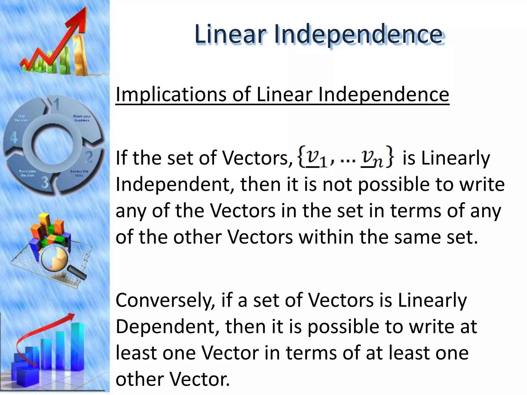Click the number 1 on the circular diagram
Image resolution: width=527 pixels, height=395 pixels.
click(56, 104)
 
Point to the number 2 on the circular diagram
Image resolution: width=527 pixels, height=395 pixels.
click(89, 157)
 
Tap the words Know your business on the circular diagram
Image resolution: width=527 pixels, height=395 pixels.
click(82, 118)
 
